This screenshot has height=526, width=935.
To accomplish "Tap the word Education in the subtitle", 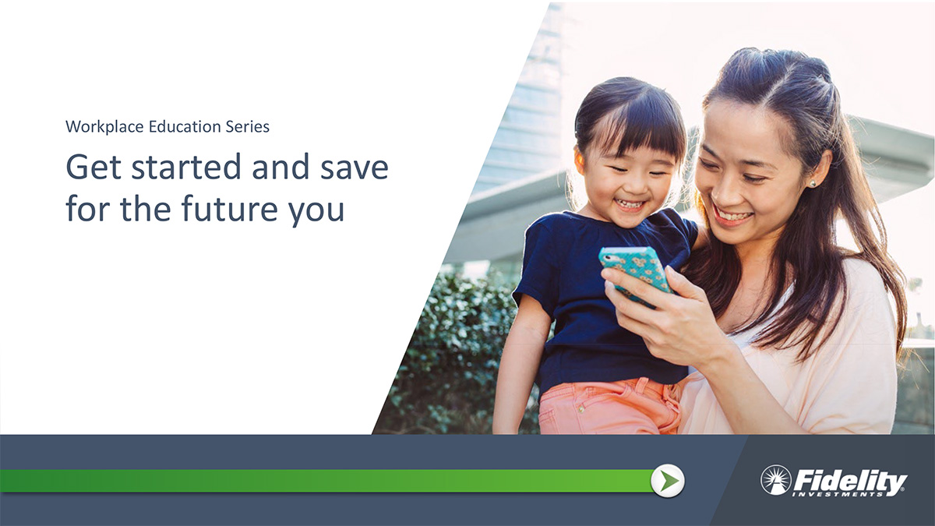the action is coord(185,126).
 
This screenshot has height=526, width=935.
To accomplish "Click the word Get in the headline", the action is coord(93,167).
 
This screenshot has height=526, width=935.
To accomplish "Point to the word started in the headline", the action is coord(186,167).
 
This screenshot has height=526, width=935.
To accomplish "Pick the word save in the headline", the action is coord(355,169).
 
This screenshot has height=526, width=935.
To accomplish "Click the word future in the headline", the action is coord(229,208).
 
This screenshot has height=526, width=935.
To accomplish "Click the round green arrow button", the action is coord(668,481).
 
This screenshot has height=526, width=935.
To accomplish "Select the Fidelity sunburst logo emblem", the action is coord(776,480).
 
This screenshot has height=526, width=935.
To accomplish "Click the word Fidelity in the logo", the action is coord(850,481).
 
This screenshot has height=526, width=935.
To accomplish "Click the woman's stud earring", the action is coord(813,183).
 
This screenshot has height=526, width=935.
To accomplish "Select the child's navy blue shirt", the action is coord(601,301).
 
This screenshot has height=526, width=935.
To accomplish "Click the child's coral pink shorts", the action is coord(609,407).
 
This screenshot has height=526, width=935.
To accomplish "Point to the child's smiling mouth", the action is coord(629,204).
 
